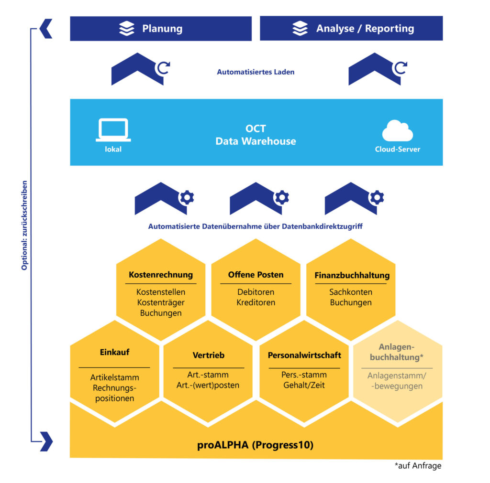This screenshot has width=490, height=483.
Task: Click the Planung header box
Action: pos(161,29)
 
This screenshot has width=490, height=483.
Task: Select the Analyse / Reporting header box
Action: pos(351,29)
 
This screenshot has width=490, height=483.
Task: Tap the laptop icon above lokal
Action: pos(113,130)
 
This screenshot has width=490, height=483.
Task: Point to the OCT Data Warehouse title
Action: pos(256,135)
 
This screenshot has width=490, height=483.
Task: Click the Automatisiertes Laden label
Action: pos(256,72)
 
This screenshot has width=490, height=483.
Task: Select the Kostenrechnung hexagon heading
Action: pos(161,275)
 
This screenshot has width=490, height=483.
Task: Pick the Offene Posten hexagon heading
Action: pos(256,275)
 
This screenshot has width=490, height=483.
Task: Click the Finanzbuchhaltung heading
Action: pos(352,275)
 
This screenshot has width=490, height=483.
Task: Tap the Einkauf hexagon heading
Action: pos(114,352)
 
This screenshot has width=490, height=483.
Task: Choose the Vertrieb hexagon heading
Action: pos(208,355)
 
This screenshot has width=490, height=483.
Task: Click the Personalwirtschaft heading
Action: pos(304,355)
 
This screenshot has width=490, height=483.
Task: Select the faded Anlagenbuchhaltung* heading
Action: pos(397,352)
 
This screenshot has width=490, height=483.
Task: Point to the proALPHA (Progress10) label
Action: pos(256,445)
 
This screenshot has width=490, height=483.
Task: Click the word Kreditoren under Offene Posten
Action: pos(256,302)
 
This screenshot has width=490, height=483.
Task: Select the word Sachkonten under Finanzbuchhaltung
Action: pos(351,292)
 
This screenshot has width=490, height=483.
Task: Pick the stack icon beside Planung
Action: pos(127,29)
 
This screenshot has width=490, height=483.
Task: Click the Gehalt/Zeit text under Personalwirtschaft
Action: pos(304,385)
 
